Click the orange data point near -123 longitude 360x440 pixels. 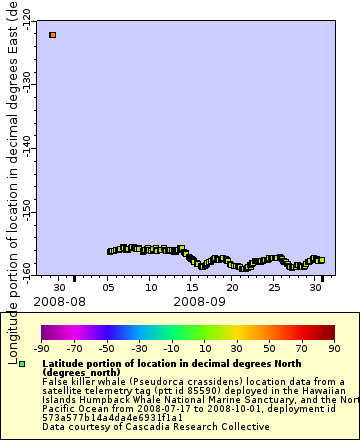click(x=52, y=35)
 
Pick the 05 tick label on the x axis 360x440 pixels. click(x=110, y=287)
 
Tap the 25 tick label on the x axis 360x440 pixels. click(x=275, y=287)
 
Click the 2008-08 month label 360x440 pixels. click(x=59, y=300)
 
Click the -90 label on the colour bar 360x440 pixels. click(x=41, y=349)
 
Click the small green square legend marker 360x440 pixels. click(x=21, y=364)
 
